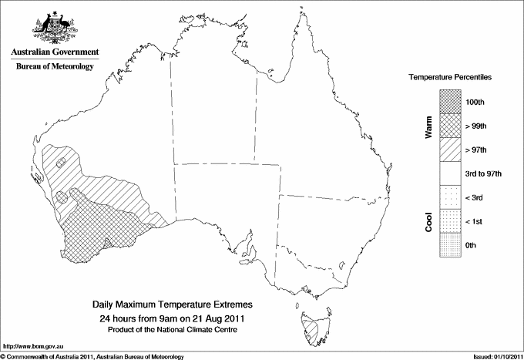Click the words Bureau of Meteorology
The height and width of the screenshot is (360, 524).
click(55, 67)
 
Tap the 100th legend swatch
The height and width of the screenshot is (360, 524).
click(450, 101)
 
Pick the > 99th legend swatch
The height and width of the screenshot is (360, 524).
click(450, 125)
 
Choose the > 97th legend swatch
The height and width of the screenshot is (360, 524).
click(450, 149)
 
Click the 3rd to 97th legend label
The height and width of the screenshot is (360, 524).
click(483, 173)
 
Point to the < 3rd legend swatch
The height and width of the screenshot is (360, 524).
click(450, 197)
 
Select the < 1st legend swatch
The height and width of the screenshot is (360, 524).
click(450, 221)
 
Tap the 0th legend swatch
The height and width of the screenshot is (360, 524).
click(450, 245)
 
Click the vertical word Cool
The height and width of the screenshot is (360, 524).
click(428, 221)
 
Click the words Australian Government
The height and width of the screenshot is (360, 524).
click(55, 52)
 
